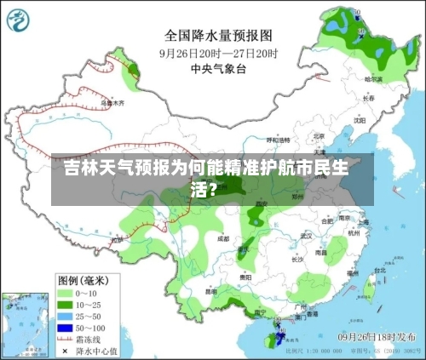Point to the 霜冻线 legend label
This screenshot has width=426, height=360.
point(91,339)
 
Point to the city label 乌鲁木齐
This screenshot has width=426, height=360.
point(113,103)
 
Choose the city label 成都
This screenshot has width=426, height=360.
point(223,239)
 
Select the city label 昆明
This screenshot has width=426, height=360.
point(210,291)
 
